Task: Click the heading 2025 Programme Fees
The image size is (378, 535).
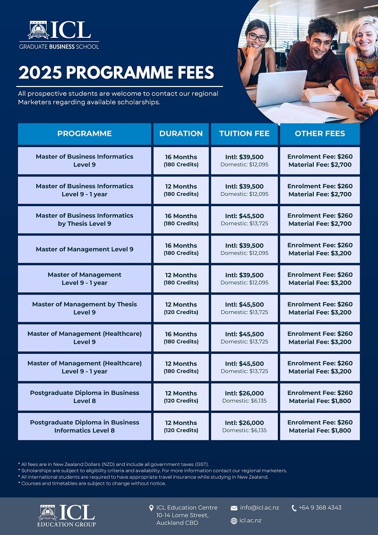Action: [x=116, y=73]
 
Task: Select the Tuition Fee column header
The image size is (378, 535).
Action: [x=244, y=133]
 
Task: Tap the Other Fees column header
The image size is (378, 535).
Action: [x=320, y=133]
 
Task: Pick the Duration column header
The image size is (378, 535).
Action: [x=181, y=133]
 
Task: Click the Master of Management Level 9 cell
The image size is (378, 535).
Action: [x=85, y=249]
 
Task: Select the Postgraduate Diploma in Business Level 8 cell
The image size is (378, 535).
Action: [x=85, y=397]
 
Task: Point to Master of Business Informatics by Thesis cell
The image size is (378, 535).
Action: [x=85, y=219]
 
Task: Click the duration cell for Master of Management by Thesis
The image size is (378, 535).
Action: [x=181, y=308]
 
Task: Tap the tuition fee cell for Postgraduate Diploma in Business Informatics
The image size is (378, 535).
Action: [x=244, y=426]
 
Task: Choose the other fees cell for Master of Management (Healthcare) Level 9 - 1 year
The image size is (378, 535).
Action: [x=320, y=367]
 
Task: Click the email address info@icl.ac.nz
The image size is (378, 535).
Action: [x=259, y=508]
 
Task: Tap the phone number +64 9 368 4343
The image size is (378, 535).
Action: [x=320, y=508]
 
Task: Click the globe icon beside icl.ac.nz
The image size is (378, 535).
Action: [x=234, y=521]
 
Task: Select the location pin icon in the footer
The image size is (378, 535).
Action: [x=151, y=508]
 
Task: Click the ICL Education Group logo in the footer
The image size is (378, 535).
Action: [x=67, y=515]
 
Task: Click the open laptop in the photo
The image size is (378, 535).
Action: [x=281, y=88]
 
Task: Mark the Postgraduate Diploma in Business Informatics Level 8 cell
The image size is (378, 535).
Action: [x=85, y=426]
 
